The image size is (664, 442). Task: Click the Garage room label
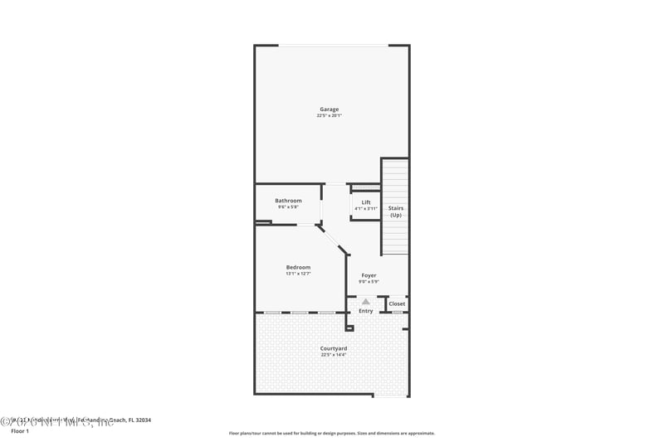pos(330,109)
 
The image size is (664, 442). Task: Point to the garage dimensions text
pos(330,116)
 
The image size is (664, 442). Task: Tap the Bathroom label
pos(288,201)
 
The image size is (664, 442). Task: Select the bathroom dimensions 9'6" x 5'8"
pos(288,207)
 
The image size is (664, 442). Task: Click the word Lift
pos(365,202)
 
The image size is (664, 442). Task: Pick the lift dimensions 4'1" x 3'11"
pos(365,209)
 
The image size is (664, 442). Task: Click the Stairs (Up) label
pos(396,211)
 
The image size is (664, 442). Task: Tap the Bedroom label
pos(298,267)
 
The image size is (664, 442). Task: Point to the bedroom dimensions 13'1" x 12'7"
pos(298,274)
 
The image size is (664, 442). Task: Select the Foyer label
pos(369,275)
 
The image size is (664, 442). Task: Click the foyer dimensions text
pos(369,282)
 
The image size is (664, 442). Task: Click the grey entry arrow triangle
pos(365,302)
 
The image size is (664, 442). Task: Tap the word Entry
pos(365,311)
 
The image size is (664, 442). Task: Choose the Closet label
pos(397,304)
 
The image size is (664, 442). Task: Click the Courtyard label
pos(333,348)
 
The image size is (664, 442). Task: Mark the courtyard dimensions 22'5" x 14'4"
pos(333,355)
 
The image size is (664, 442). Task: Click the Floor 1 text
pos(19,431)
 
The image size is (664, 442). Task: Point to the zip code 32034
pos(143,420)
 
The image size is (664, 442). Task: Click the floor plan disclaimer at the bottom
pos(331,433)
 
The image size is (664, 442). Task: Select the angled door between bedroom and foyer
pos(331,239)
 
